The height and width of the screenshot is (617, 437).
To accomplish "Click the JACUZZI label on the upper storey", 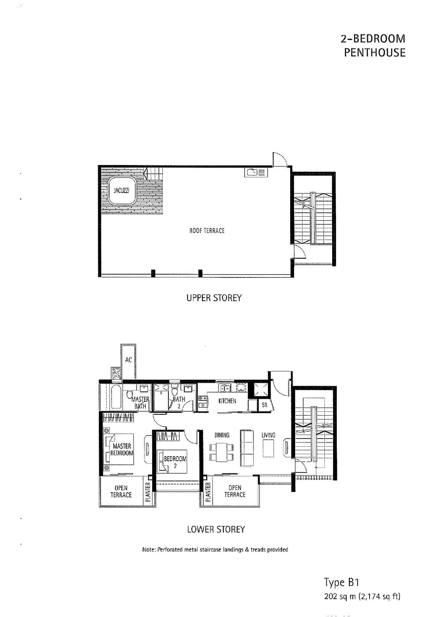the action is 121,190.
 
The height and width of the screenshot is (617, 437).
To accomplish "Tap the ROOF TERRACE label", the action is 207,231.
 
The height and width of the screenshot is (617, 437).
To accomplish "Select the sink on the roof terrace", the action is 256,172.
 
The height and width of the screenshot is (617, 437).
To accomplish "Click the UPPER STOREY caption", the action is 214,298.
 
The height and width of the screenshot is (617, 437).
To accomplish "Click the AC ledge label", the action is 128,360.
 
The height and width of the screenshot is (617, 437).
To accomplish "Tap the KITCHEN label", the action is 227,401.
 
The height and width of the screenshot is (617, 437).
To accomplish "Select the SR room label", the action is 265,405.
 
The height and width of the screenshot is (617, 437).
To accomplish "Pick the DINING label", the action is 222,435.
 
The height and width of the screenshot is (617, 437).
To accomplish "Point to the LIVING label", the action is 268,435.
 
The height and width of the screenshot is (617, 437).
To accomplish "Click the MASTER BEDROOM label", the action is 122,449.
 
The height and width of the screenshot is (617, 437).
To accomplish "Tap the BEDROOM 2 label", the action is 175,462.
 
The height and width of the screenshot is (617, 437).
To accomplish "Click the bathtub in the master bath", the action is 116,397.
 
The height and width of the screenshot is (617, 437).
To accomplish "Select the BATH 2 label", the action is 179,402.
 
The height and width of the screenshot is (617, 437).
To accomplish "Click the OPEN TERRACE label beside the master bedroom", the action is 121,492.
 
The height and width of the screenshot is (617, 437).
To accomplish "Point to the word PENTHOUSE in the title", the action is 375,52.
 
